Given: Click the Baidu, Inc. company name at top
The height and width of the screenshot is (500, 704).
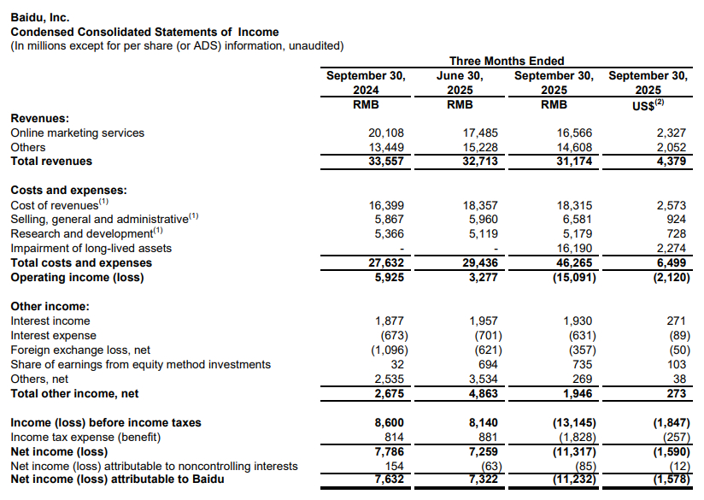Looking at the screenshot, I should click(x=39, y=16).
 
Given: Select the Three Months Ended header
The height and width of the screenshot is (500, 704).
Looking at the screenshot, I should click(x=507, y=61).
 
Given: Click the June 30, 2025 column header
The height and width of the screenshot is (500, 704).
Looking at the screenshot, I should click(x=461, y=82).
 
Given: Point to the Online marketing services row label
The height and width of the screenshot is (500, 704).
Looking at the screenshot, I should click(x=78, y=132).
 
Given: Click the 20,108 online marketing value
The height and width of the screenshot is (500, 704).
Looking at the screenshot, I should click(x=385, y=132).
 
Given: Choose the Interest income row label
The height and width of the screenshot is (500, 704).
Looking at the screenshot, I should click(x=50, y=321).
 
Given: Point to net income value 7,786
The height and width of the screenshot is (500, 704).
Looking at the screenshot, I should click(x=385, y=451).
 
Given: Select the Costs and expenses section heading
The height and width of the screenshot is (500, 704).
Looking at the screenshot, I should click(x=68, y=190).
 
